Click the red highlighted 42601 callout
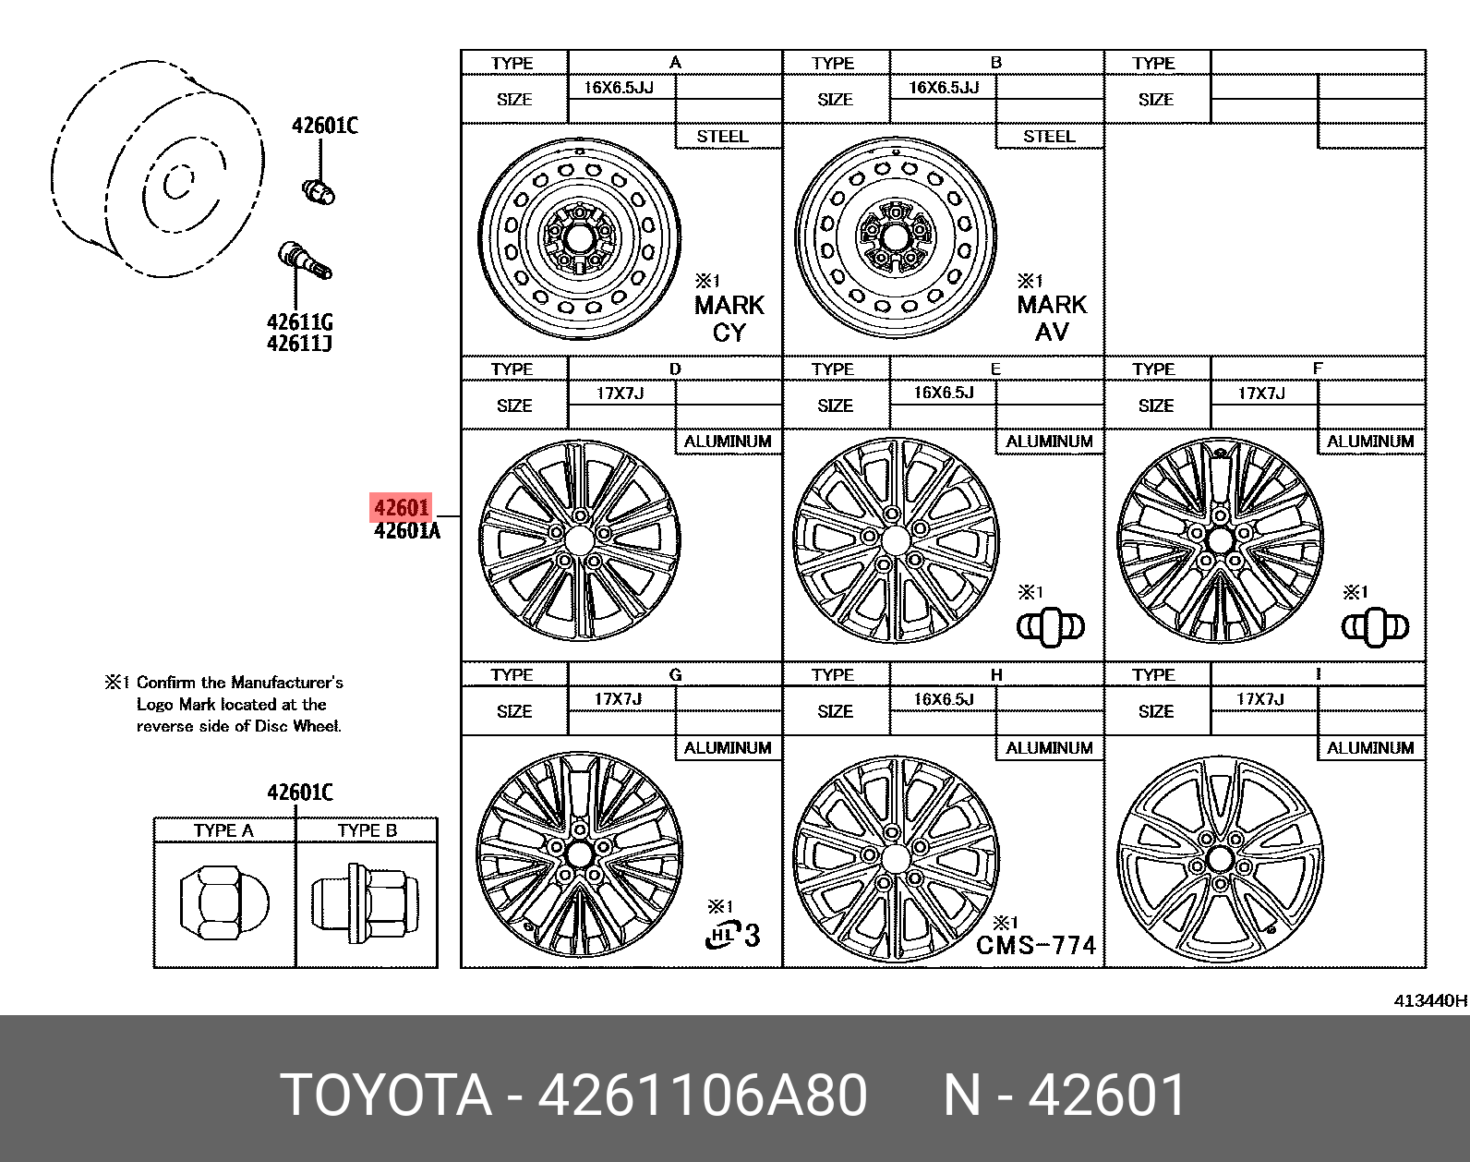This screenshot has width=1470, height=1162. tap(401, 507)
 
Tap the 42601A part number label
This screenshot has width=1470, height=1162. tap(407, 530)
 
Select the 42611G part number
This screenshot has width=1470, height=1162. tap(299, 321)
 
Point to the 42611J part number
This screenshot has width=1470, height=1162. tap(299, 343)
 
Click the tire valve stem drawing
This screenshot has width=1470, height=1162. tap(305, 260)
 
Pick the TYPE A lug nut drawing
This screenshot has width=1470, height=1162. tap(224, 903)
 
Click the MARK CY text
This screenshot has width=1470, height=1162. tap(729, 319)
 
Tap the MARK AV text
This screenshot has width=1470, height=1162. tap(1052, 318)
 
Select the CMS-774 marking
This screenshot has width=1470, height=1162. tap(1036, 945)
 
